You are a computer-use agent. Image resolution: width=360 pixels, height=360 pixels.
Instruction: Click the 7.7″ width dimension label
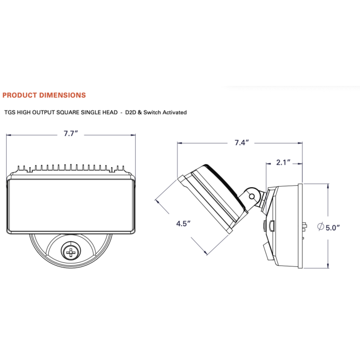(x=71, y=133)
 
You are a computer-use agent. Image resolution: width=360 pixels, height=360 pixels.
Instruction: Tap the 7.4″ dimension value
(x=242, y=142)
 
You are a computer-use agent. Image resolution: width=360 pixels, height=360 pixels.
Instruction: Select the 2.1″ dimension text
(x=283, y=163)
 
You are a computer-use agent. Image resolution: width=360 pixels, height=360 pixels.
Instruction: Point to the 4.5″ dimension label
(x=183, y=223)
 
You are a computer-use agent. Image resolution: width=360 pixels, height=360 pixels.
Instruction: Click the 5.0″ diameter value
(x=333, y=228)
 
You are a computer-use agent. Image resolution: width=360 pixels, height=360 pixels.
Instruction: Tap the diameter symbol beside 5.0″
(x=320, y=226)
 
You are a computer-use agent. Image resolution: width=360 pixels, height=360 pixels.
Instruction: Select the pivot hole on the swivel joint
(x=251, y=196)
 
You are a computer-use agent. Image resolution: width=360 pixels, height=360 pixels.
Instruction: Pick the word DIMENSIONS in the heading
(x=62, y=95)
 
